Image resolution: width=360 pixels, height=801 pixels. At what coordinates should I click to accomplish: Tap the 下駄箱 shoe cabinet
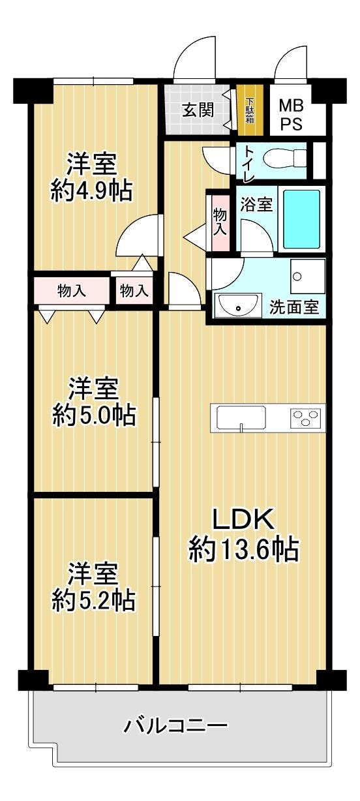tap(250, 110)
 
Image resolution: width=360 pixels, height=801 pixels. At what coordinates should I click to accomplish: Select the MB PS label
tap(292, 115)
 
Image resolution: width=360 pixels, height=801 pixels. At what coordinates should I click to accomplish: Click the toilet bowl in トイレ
tap(284, 158)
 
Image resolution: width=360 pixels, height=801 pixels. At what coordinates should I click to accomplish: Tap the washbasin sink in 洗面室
tap(237, 305)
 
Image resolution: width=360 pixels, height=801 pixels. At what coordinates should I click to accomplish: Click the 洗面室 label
tap(294, 307)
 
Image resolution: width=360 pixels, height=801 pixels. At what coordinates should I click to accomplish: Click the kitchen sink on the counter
tap(241, 417)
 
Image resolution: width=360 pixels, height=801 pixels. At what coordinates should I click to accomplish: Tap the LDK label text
tap(243, 519)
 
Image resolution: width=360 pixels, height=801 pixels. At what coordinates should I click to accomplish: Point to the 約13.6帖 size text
tap(243, 549)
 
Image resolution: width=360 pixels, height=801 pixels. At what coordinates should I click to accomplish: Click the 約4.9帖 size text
tap(91, 190)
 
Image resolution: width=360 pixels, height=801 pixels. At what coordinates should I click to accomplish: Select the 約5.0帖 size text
tap(94, 415)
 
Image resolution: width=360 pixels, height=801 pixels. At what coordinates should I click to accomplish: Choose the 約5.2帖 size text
tap(93, 600)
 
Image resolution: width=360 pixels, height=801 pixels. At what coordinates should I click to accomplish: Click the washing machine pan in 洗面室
tap(308, 277)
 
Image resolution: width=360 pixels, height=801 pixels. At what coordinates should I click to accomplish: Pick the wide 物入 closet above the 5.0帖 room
tap(72, 291)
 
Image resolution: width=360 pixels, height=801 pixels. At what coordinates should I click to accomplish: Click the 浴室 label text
tap(256, 204)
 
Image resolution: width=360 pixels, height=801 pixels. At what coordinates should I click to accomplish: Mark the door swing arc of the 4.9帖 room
tap(126, 229)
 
